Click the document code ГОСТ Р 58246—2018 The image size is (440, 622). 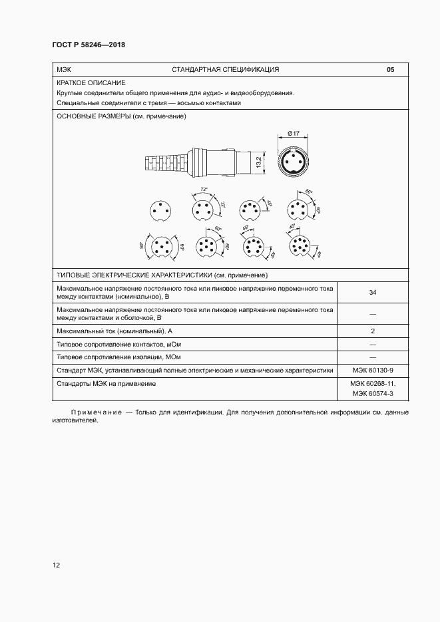[89, 45]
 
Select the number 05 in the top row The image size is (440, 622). [390, 70]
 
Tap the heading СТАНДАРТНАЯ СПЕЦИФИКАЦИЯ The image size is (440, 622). [225, 70]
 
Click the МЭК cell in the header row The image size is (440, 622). [65, 70]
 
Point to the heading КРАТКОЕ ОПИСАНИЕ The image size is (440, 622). [82, 83]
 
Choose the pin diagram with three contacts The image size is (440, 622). [160, 210]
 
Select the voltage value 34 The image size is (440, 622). [373, 292]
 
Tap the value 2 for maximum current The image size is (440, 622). [373, 331]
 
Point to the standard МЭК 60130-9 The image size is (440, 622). [373, 371]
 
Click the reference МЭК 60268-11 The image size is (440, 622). [373, 384]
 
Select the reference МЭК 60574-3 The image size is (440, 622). [373, 394]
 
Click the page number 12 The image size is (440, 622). [57, 565]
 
